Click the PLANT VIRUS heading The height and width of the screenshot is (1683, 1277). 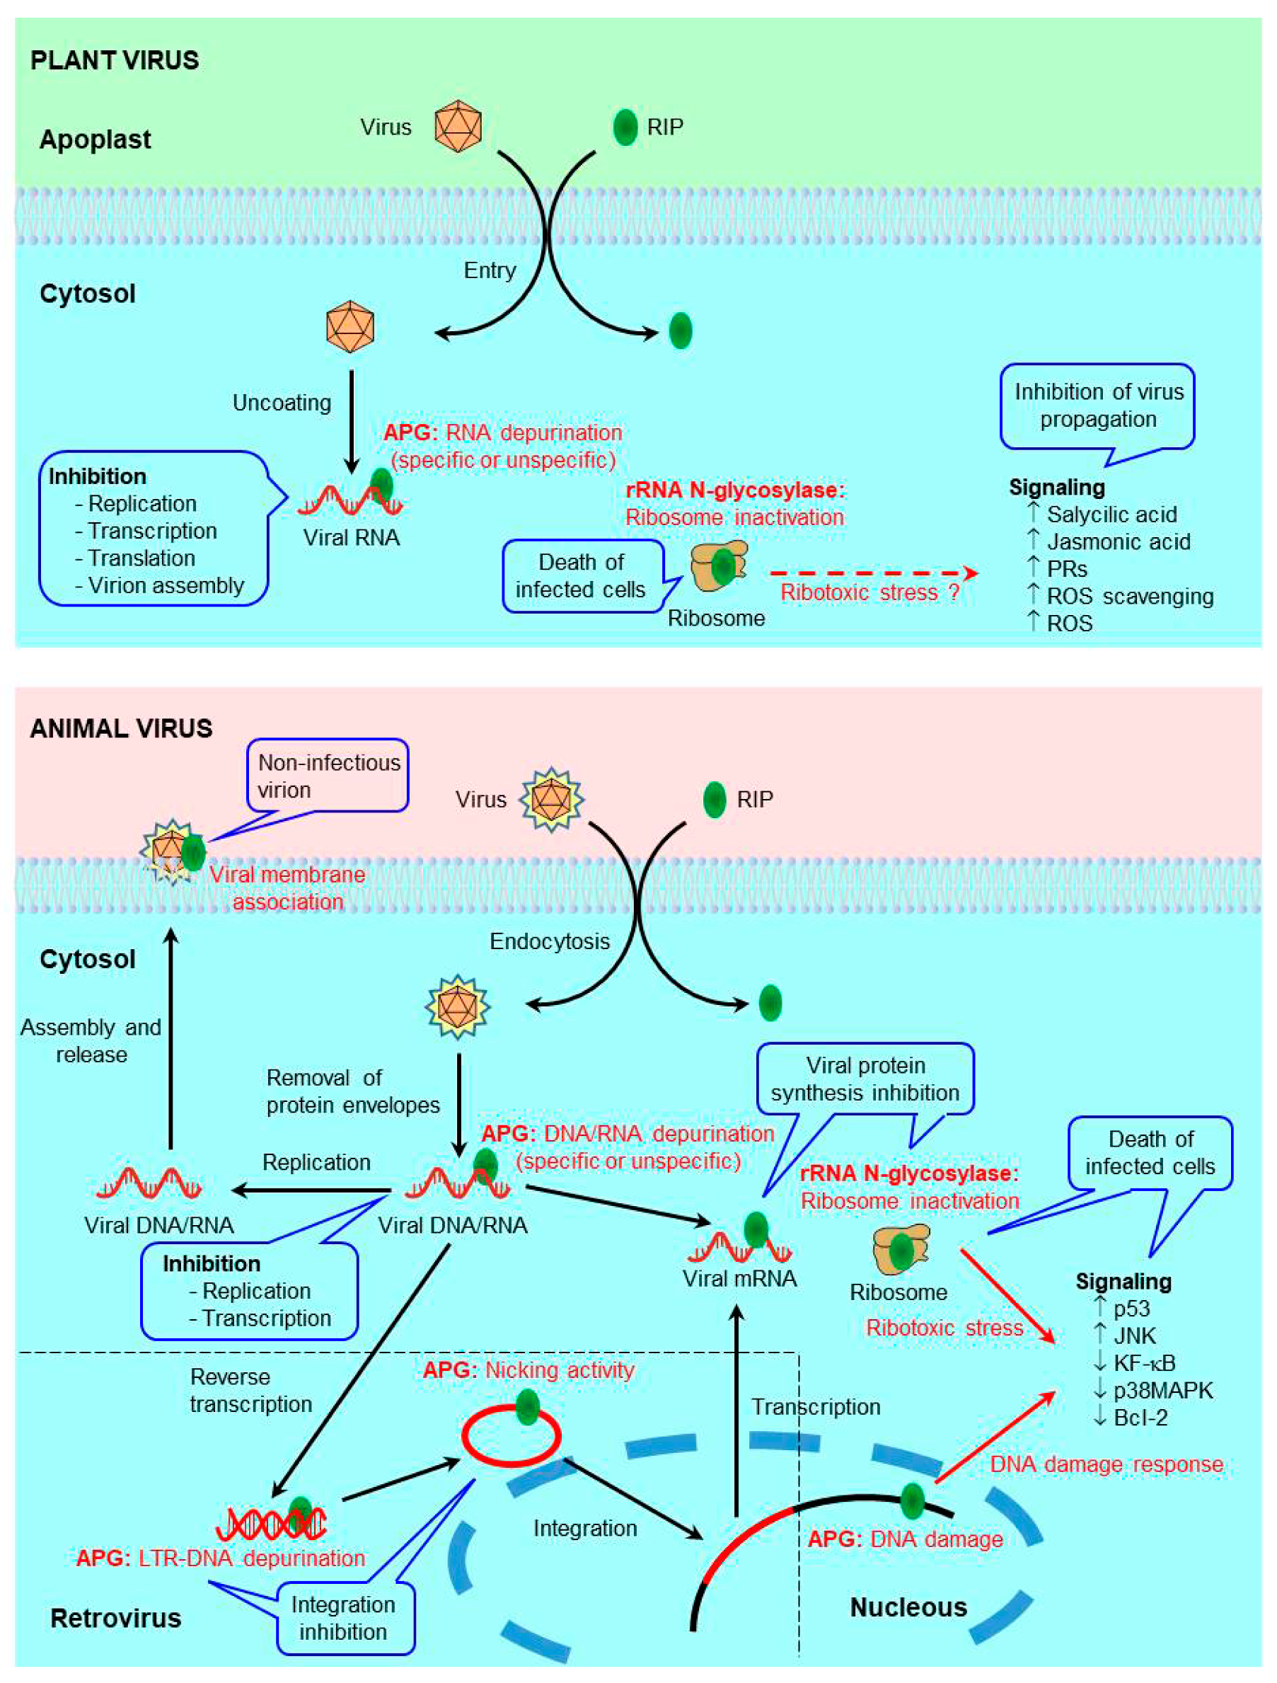click(x=115, y=60)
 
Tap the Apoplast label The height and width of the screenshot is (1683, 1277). click(x=95, y=139)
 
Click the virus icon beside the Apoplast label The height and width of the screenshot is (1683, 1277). click(x=458, y=126)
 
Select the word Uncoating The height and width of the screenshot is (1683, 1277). click(x=282, y=403)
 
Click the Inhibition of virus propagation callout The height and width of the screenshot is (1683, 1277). click(x=1097, y=406)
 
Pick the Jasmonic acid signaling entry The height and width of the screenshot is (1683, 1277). click(x=1118, y=541)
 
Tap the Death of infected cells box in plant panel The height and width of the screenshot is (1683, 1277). click(x=581, y=576)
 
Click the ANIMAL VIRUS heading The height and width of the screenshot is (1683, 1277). click(x=121, y=728)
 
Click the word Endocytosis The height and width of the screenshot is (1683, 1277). click(x=549, y=941)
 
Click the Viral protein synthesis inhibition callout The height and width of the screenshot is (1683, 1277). click(x=865, y=1079)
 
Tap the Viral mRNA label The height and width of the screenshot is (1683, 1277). click(x=739, y=1278)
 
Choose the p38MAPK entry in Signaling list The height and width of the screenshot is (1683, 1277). click(x=1162, y=1390)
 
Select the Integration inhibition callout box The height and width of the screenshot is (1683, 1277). click(x=343, y=1618)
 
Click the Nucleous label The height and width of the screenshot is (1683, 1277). click(x=908, y=1608)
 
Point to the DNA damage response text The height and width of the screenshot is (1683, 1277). click(x=1106, y=1464)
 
